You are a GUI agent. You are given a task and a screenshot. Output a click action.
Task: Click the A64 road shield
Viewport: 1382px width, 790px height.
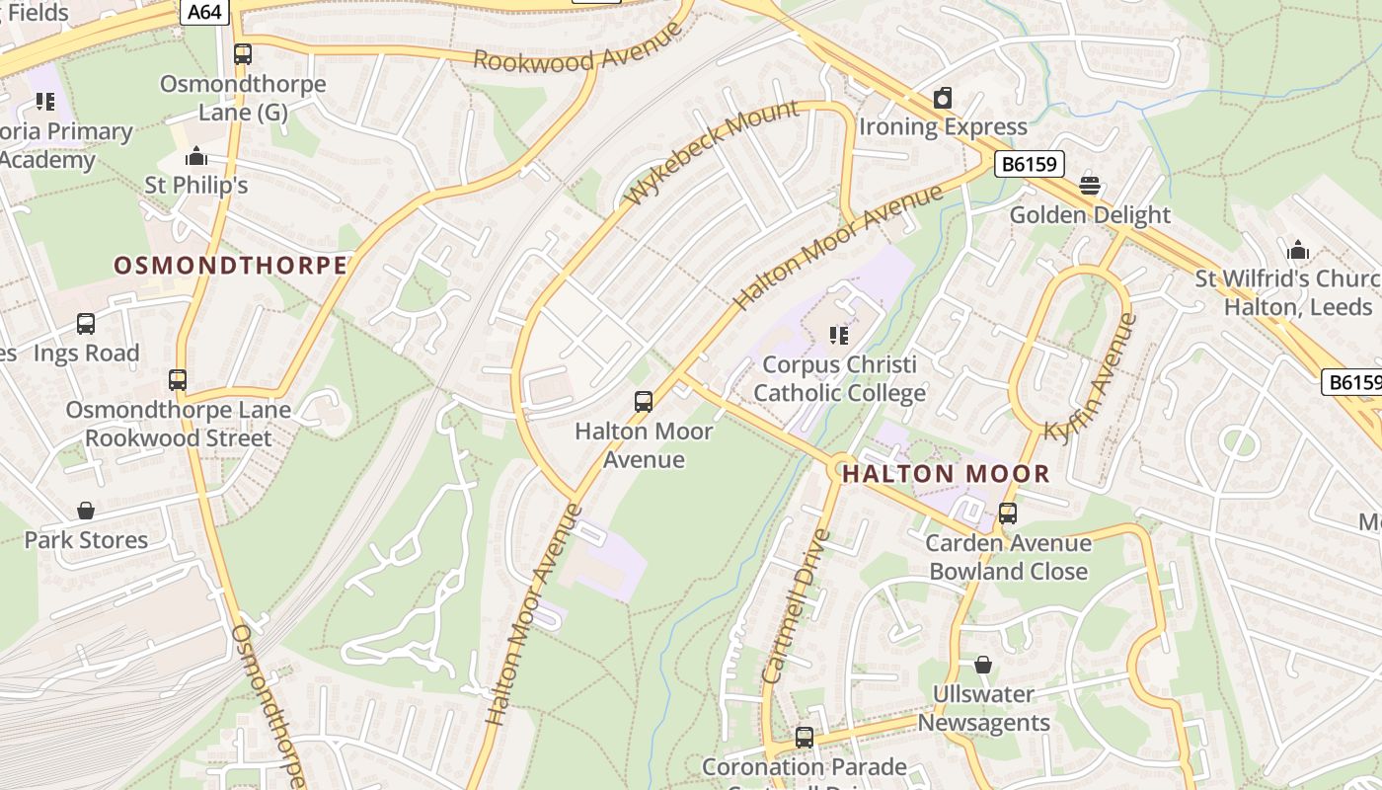tap(204, 11)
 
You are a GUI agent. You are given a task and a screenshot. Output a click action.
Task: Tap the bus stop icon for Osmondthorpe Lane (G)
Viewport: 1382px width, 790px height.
tap(243, 54)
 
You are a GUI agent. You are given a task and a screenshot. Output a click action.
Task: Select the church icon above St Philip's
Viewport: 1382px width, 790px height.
tap(196, 157)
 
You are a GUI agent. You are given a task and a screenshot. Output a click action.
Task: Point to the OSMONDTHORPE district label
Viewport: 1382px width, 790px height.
tap(230, 265)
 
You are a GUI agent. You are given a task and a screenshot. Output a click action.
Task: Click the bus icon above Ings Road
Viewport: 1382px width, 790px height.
tap(86, 324)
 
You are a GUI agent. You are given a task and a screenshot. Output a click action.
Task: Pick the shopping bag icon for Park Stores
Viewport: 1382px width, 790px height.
tap(86, 511)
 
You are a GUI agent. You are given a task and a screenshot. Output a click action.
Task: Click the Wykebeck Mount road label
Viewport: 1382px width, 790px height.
tap(713, 151)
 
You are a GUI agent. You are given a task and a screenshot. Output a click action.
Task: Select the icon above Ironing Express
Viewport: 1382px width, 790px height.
tap(943, 99)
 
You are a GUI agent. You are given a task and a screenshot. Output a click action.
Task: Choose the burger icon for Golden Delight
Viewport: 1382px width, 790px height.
tap(1090, 185)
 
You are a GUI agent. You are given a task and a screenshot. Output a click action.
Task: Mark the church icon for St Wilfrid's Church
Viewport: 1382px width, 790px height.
tap(1297, 250)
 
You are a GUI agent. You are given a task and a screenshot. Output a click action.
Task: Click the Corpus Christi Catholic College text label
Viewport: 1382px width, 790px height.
tap(839, 379)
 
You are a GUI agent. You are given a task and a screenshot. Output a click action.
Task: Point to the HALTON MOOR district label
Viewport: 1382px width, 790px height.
tap(946, 474)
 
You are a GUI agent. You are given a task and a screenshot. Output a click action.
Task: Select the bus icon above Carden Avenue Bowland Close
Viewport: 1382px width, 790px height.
tap(1008, 513)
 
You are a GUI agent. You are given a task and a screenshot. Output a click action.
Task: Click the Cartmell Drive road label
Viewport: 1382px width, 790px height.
tap(797, 606)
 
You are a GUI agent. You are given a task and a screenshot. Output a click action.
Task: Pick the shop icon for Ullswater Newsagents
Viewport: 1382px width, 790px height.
tap(982, 665)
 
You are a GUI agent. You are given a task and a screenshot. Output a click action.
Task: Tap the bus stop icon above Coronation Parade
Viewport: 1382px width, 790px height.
tap(805, 737)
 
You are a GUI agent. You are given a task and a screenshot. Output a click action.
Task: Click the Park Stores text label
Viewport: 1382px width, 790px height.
tap(86, 540)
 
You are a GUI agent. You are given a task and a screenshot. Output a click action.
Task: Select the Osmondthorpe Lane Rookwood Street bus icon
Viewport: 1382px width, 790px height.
tap(178, 380)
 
